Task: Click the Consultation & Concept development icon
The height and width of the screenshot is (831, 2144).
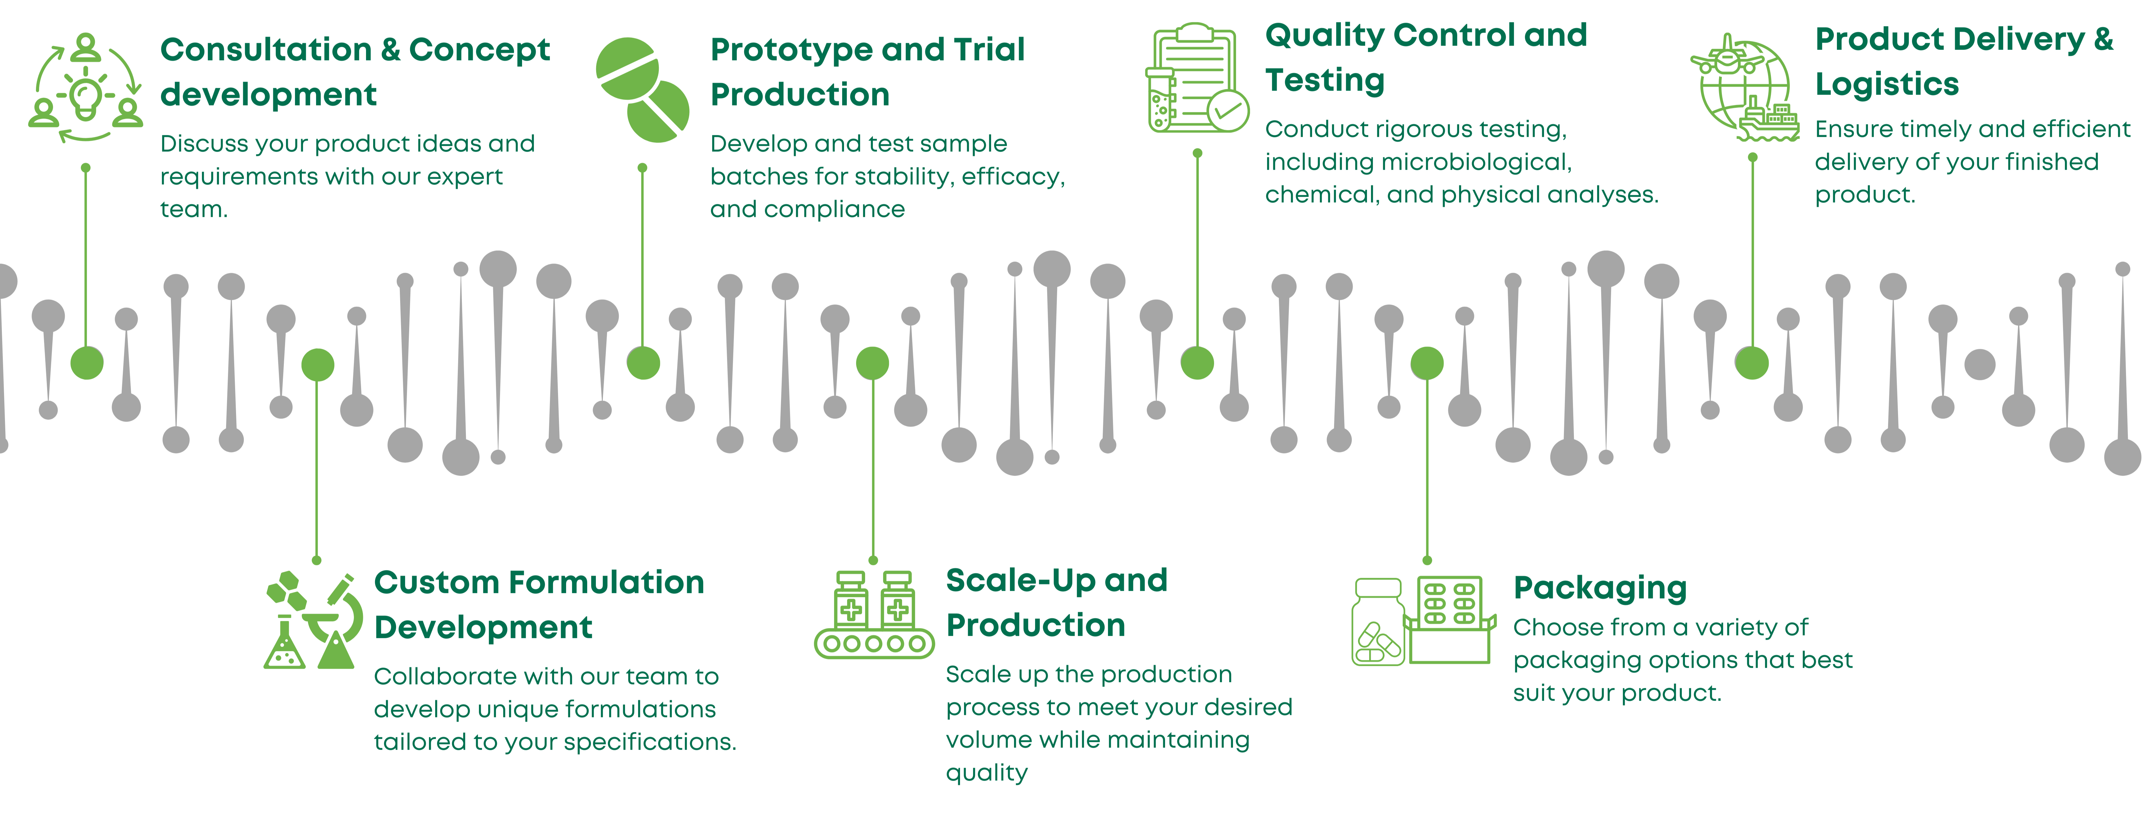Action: click(86, 88)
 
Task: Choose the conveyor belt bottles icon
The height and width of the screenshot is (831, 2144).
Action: click(874, 614)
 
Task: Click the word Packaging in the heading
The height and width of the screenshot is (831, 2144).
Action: click(1600, 588)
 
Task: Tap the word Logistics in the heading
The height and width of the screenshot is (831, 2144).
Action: click(1887, 84)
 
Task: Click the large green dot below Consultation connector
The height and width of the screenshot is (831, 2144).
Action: click(87, 363)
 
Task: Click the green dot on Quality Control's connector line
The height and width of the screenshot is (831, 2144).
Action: click(1197, 363)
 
